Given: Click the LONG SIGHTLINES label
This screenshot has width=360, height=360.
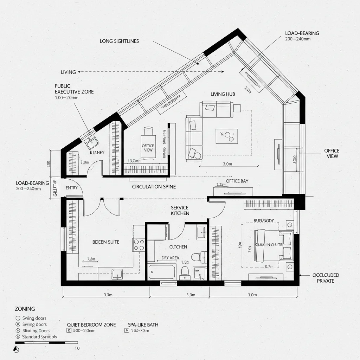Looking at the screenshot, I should point(119,41).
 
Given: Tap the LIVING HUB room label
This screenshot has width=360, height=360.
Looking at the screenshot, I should point(223,94).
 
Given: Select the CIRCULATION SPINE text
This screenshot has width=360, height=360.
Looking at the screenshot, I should point(154,187).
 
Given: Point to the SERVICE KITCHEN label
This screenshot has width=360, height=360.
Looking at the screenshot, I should point(180,211).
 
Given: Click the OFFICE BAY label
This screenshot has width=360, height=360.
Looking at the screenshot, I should point(237,181).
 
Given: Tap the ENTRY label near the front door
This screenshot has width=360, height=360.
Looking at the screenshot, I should point(71,188).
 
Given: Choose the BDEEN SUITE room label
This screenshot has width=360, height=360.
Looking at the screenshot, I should point(105,242).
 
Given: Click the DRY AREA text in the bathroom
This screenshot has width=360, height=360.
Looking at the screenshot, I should point(170,258).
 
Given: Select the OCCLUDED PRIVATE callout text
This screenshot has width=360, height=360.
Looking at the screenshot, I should point(326,278).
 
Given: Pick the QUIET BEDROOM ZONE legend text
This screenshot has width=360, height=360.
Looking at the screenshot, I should point(91,325).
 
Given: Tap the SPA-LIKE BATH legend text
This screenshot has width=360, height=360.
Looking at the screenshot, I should point(143,325).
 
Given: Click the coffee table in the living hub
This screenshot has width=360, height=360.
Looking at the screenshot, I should point(227,136).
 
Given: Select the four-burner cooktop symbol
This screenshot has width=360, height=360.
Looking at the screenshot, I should point(139,244).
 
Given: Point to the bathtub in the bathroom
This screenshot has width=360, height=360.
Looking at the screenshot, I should point(162,272).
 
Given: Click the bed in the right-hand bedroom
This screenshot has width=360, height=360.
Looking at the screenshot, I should point(274,245).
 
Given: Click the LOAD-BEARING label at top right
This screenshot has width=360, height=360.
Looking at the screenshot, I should point(302,33).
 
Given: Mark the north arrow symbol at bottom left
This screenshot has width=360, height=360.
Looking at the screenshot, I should point(15,349).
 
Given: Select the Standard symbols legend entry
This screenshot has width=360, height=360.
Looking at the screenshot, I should point(39,337).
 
